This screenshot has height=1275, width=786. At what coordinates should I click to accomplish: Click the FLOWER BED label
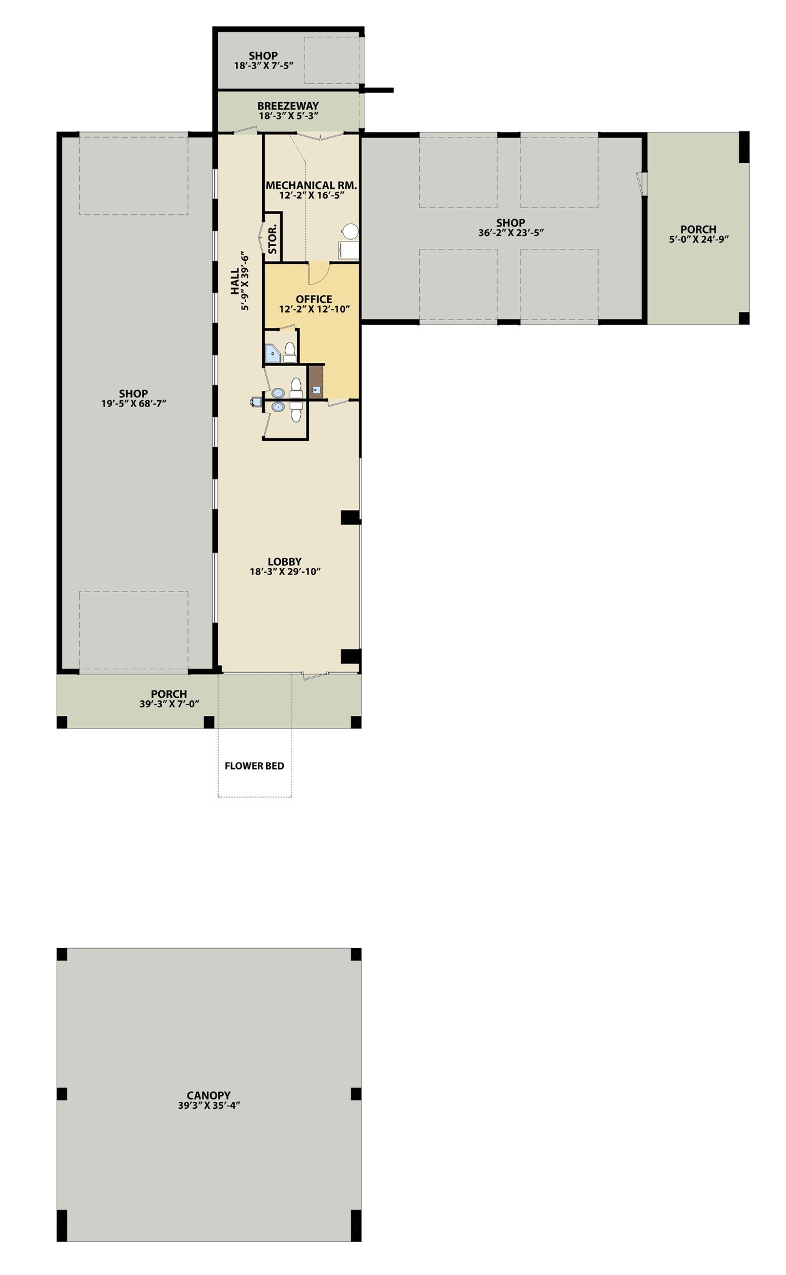254,766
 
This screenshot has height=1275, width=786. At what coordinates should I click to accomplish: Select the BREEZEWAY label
288,106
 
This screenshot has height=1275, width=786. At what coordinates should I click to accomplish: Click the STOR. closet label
273,239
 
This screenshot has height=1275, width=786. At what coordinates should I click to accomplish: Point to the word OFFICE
314,299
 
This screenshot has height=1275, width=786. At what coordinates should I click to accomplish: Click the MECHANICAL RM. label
311,185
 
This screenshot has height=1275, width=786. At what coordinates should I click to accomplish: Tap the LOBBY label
285,562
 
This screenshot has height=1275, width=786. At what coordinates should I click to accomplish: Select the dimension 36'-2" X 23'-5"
511,233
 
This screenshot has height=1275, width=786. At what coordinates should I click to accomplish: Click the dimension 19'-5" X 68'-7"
134,403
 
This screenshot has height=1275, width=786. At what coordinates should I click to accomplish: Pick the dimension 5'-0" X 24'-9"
698,239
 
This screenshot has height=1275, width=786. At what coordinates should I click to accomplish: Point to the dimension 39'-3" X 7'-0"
169,704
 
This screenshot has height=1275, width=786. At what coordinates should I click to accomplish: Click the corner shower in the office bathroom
272,354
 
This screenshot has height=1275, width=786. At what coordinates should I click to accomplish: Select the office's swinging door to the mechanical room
319,271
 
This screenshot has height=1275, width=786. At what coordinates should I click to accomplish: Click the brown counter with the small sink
316,382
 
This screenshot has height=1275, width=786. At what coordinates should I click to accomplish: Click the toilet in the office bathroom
290,353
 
